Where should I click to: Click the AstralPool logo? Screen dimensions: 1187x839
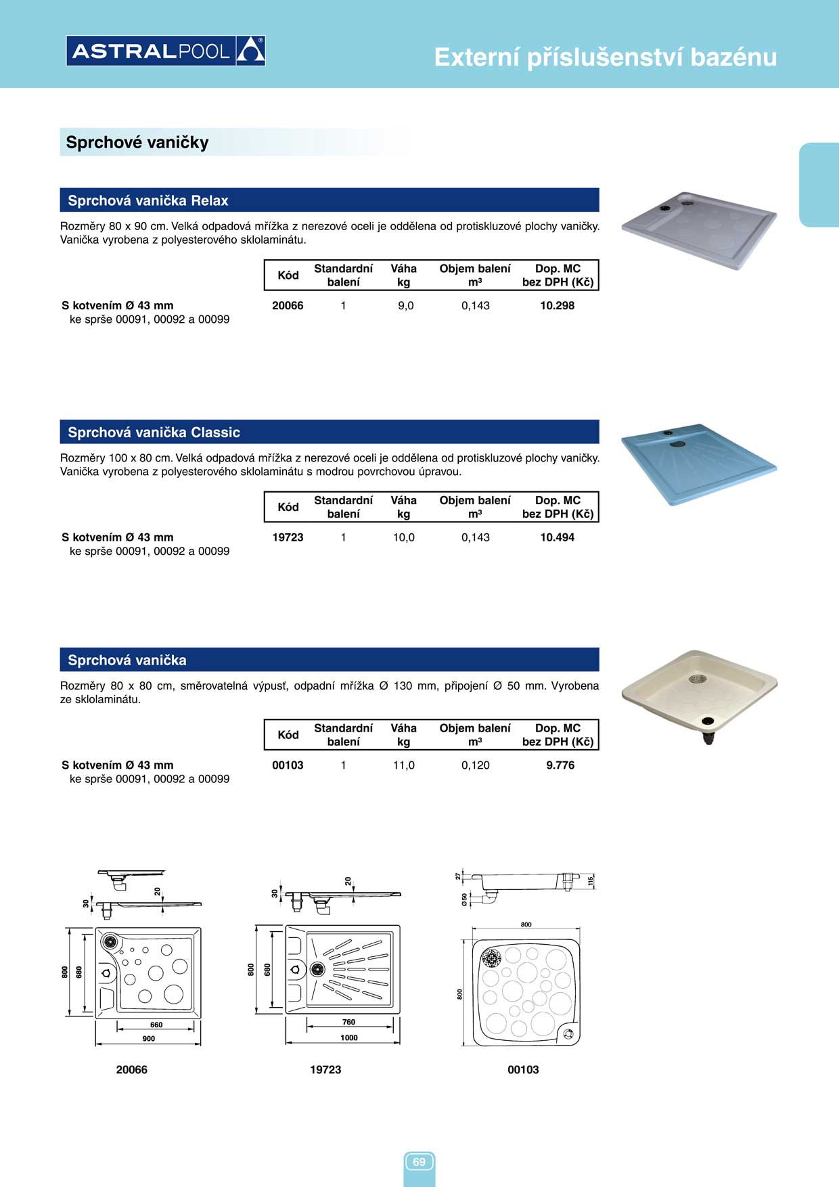coord(166,51)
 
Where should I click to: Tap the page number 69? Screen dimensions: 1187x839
coord(419,1162)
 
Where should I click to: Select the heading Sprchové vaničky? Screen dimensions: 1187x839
coord(137,142)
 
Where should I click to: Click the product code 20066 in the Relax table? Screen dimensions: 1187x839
coord(288,306)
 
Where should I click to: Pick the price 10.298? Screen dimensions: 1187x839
coord(557,306)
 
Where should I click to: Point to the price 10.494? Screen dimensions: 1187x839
coord(557,537)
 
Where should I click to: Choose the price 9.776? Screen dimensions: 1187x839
coord(560,765)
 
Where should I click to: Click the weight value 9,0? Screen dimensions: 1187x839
coord(405,306)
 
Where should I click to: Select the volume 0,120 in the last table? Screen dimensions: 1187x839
coord(476,765)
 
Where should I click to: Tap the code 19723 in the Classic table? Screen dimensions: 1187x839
coord(288,537)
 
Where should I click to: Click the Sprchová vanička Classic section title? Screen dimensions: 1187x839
coord(154,432)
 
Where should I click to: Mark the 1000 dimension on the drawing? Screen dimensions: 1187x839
coord(349,1037)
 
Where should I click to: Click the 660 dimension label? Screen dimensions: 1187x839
coord(156,1025)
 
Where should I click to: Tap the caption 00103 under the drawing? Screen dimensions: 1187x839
coord(523,1070)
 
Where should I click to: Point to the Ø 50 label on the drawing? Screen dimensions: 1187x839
coord(464,899)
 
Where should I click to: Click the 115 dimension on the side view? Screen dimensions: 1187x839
coord(591,881)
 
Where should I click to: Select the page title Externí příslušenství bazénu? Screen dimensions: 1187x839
coord(605,58)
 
